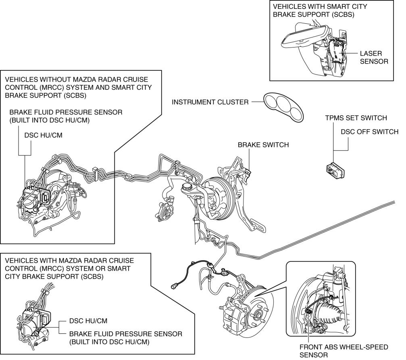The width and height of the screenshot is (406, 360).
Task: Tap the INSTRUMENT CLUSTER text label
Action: click(x=210, y=102)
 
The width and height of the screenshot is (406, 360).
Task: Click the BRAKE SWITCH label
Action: click(x=263, y=145)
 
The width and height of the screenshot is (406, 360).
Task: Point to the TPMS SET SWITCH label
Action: click(x=356, y=118)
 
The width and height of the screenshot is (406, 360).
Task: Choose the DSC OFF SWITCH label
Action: click(x=369, y=132)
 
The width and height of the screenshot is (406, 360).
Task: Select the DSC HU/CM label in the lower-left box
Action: click(x=88, y=321)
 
